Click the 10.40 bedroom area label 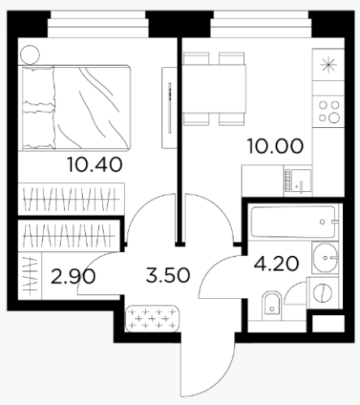pos(95,164)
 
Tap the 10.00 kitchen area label pos(275,146)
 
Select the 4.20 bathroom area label pos(276,263)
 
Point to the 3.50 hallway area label pos(168,275)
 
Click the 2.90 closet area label pos(73,276)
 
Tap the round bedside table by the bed pos(30,54)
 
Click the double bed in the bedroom pos(75,107)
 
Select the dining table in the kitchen pos(214,88)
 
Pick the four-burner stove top pos(329,112)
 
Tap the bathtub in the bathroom pos(294,222)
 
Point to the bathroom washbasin pos(325,258)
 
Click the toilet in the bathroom pos(272,303)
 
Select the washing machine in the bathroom pos(324,292)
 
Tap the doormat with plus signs pos(152,318)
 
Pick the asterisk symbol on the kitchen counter pos(328,65)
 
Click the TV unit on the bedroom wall pos(169,108)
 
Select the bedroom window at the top pos(98,23)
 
